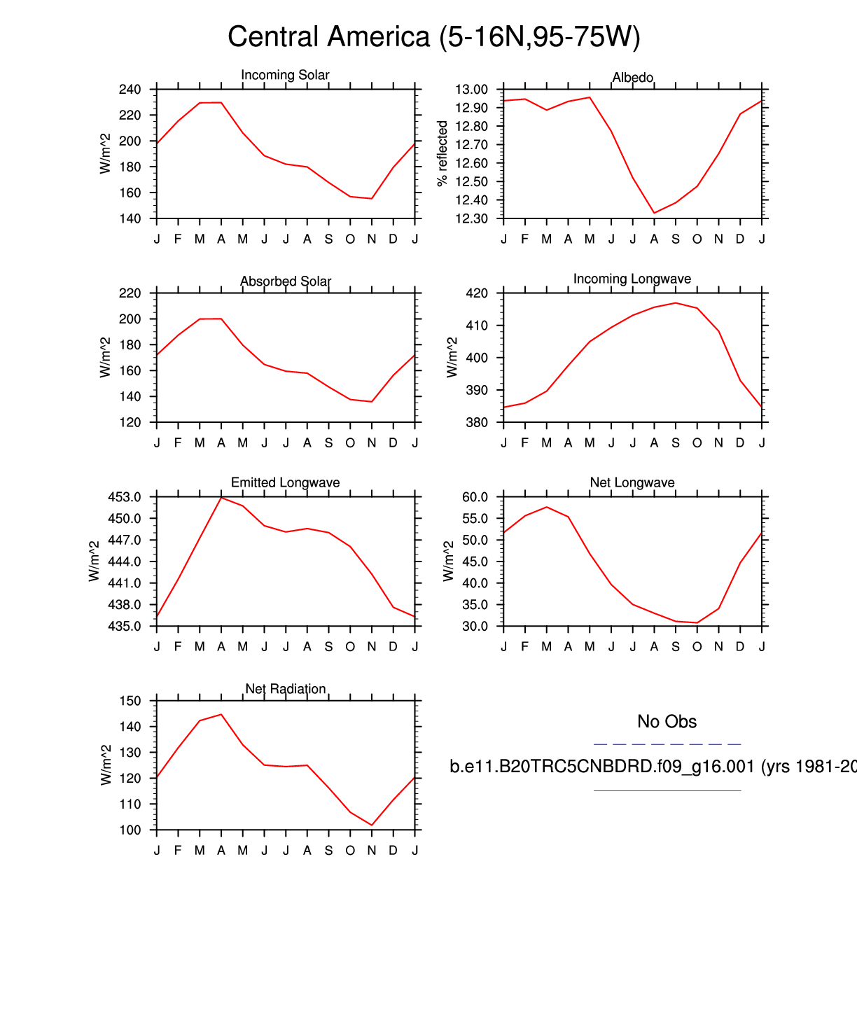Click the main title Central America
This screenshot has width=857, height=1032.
(x=433, y=37)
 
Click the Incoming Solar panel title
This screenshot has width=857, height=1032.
(x=285, y=75)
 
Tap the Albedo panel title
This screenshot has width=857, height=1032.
(x=633, y=77)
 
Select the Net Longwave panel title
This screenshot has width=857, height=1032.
(x=632, y=482)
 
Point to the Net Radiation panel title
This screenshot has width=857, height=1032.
(x=285, y=689)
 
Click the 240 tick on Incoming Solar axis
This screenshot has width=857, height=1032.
(x=130, y=90)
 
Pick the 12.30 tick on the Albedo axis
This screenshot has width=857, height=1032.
(x=471, y=218)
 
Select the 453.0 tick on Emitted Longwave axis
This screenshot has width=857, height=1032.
(x=125, y=497)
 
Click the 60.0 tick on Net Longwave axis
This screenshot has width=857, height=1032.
(x=474, y=497)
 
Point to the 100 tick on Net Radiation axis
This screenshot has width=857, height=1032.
(x=130, y=830)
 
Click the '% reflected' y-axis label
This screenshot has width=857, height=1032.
(x=443, y=153)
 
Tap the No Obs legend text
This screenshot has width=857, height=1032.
(x=667, y=722)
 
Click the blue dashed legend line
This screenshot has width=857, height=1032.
(x=667, y=744)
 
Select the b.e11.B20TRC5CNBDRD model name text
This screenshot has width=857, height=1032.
(x=602, y=767)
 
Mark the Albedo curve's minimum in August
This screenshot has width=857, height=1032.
(x=654, y=213)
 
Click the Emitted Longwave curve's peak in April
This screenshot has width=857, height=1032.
(x=221, y=497)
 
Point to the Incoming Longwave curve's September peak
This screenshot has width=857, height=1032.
(x=676, y=303)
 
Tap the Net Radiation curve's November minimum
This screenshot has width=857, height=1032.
(x=372, y=825)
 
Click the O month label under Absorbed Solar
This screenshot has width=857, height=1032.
(x=350, y=442)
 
